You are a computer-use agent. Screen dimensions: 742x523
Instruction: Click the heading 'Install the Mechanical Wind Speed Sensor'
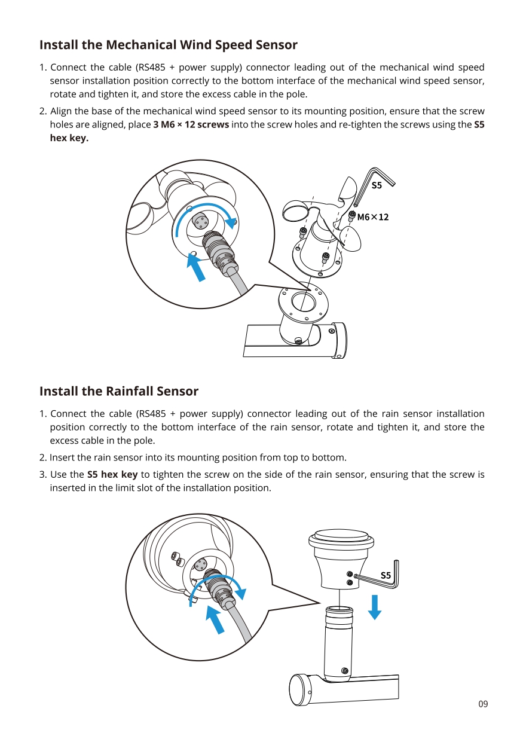[x=168, y=45]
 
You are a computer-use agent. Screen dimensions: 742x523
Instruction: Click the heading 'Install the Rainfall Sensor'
[x=118, y=391]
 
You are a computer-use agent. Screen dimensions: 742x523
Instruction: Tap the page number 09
[x=483, y=704]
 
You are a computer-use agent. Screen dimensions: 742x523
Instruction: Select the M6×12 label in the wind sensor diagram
[x=372, y=217]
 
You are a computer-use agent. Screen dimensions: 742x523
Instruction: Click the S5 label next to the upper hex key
[x=376, y=185]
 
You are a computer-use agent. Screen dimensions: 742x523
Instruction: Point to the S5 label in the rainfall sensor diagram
[x=386, y=575]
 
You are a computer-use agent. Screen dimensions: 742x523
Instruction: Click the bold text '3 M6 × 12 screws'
[x=191, y=124]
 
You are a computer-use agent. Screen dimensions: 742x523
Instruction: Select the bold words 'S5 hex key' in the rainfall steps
[x=112, y=475]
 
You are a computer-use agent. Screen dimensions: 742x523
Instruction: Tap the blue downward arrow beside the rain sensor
[x=375, y=607]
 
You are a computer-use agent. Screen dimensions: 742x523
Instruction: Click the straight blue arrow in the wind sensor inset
[x=195, y=267]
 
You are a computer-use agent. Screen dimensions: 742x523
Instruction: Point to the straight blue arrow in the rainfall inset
[x=215, y=619]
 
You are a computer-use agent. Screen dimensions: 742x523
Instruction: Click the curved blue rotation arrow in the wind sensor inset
[x=203, y=212]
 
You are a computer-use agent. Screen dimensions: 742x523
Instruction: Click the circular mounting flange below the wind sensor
[x=303, y=302]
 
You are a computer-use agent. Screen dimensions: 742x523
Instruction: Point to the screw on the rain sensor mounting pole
[x=345, y=670]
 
